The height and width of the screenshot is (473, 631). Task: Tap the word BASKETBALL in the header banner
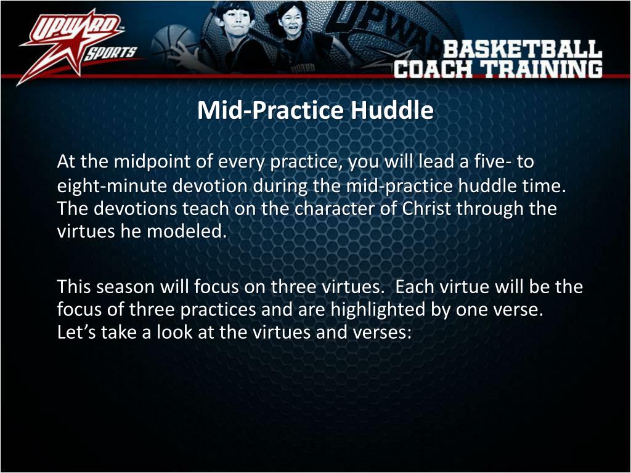coord(522,49)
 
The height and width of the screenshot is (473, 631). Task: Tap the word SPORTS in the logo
coord(110,52)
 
